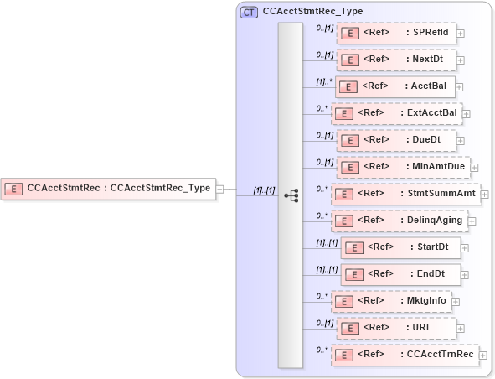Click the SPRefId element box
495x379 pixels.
[396, 33]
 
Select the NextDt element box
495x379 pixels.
[396, 60]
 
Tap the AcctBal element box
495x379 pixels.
[394, 86]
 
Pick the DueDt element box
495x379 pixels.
[396, 139]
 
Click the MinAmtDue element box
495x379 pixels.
[401, 166]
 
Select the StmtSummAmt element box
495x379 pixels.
[405, 194]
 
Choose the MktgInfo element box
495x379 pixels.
[392, 301]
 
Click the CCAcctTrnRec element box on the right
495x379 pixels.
[405, 355]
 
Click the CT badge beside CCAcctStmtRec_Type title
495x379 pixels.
[249, 13]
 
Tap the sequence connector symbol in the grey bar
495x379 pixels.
[291, 195]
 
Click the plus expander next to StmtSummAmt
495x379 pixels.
[484, 194]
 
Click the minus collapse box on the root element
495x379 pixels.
[220, 189]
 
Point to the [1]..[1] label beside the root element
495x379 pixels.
[265, 190]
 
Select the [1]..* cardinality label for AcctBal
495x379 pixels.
[324, 82]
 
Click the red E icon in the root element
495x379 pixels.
[13, 189]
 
